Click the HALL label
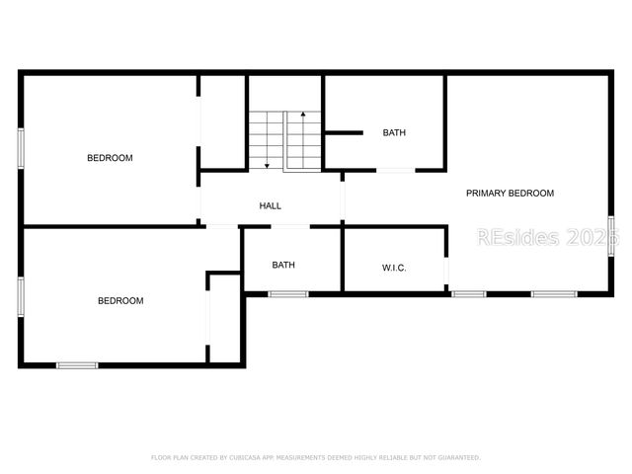tap(270, 206)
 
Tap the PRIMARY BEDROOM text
tap(510, 194)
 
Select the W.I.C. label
tap(394, 269)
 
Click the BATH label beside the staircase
tap(394, 133)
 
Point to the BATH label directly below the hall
tap(283, 265)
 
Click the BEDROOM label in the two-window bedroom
tap(120, 301)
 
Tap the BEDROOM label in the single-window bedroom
tap(110, 158)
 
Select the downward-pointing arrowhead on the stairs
tap(267, 165)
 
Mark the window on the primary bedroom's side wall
tap(611, 235)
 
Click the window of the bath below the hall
tap(288, 293)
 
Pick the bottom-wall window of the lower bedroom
tap(77, 365)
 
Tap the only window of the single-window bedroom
tap(20, 149)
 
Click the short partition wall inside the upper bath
tap(345, 132)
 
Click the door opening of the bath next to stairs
tap(395, 171)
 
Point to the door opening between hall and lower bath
tap(290, 227)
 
